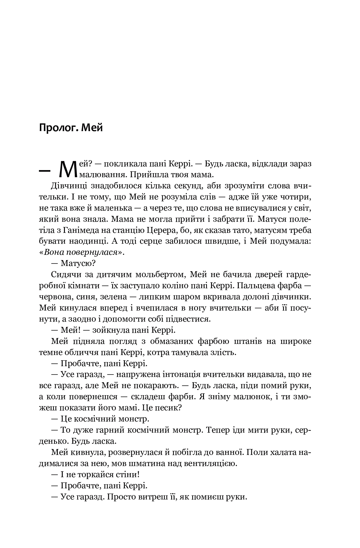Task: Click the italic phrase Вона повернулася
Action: pyautogui.click(x=81, y=253)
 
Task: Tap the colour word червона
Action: pyautogui.click(x=55, y=297)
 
